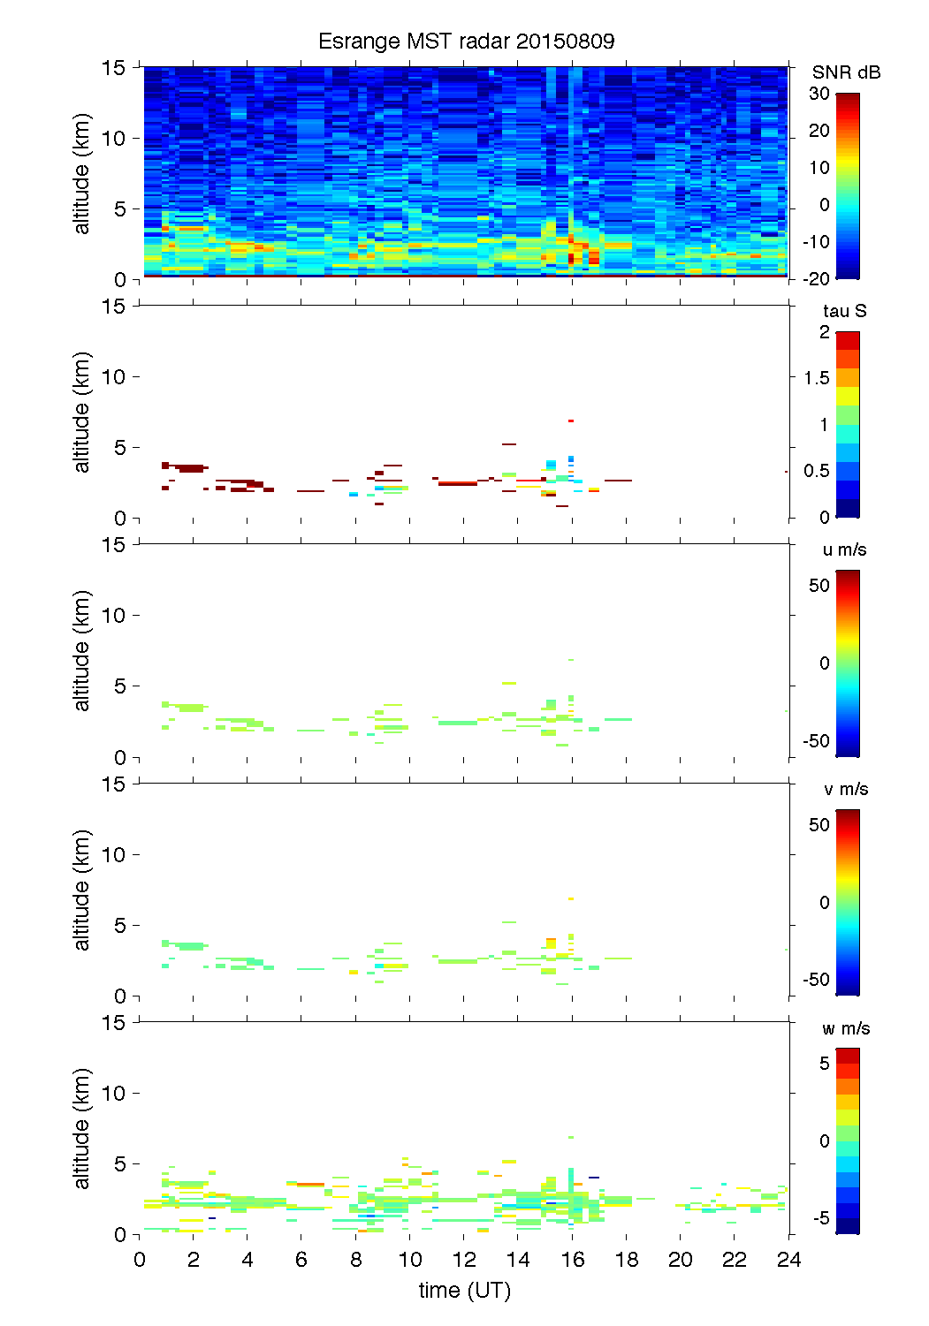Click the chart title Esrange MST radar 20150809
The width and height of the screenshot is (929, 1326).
[x=466, y=42]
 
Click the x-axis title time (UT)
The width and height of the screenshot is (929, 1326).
[x=465, y=1291]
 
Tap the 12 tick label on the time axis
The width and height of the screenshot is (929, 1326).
[x=464, y=1260]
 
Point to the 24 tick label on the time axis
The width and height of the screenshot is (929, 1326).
[x=788, y=1260]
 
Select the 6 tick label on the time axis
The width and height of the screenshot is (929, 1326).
[x=301, y=1260]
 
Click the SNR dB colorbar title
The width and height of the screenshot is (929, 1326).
[x=846, y=72]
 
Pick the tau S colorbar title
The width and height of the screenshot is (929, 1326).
[x=844, y=311]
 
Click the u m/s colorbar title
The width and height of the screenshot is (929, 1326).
[x=844, y=549]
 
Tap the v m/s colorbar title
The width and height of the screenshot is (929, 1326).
[x=845, y=789]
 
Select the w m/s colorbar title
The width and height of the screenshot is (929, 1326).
[x=845, y=1028]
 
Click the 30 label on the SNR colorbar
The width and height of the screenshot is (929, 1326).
[x=819, y=94]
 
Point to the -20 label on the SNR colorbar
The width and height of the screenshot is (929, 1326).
[x=817, y=279]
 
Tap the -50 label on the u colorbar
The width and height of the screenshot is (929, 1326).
[x=817, y=741]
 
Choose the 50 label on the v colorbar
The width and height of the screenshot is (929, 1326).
[x=819, y=825]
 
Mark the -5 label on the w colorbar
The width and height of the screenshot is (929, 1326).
[x=820, y=1218]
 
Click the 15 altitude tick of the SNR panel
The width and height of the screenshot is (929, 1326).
[x=115, y=67]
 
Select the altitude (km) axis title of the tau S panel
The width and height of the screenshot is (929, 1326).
[x=82, y=412]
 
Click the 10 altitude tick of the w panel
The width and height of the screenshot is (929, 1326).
[x=115, y=1093]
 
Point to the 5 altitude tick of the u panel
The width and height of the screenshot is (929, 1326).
[x=120, y=686]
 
